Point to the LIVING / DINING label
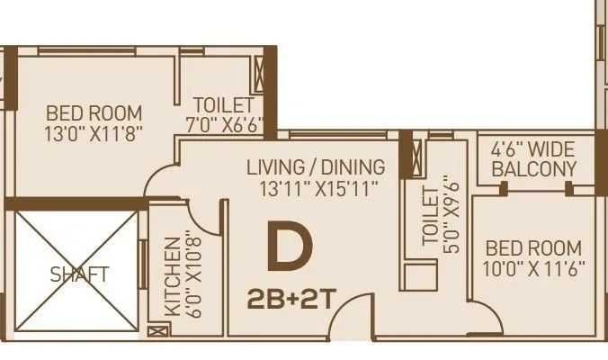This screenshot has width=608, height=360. click(316, 167)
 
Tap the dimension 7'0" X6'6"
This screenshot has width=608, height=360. click(225, 123)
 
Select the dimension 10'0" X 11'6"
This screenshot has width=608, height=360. click(533, 269)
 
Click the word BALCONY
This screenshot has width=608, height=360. click(540, 169)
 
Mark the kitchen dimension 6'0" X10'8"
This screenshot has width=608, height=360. click(189, 274)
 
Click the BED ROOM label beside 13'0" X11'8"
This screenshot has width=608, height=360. click(94, 113)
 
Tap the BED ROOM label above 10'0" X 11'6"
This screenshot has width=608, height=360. click(533, 247)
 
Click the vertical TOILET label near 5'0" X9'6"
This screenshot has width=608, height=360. click(429, 215)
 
